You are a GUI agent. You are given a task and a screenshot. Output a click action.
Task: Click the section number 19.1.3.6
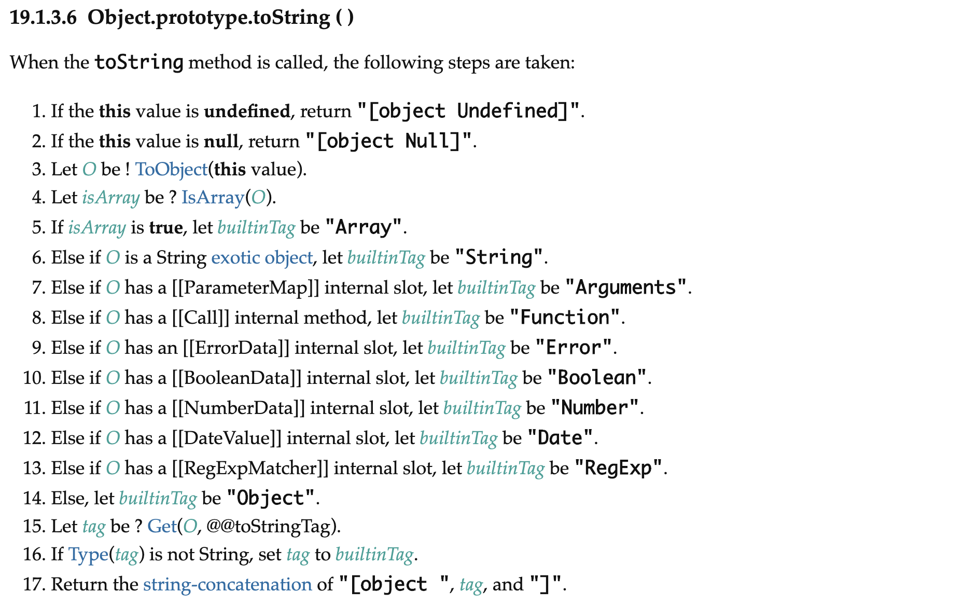tap(43, 18)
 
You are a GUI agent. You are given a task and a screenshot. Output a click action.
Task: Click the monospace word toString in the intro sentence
tap(139, 62)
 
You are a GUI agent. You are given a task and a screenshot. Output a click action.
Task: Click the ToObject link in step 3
tap(171, 170)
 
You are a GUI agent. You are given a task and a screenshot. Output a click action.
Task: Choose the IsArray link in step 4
tap(213, 198)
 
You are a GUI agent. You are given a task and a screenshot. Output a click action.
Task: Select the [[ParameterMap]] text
tap(245, 287)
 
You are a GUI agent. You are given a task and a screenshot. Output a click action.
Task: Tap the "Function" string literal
tap(565, 318)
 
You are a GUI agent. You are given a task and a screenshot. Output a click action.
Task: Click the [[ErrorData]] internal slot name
tap(236, 348)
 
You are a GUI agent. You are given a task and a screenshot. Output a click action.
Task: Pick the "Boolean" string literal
tap(596, 378)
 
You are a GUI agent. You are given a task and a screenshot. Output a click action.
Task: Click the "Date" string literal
tap(560, 438)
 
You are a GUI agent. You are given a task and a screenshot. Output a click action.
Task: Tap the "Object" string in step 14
tap(270, 498)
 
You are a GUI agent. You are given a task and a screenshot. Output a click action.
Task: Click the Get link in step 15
tap(162, 527)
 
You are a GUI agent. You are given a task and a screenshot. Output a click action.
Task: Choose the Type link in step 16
tap(88, 555)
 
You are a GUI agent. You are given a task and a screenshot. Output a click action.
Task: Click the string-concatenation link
tap(227, 585)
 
